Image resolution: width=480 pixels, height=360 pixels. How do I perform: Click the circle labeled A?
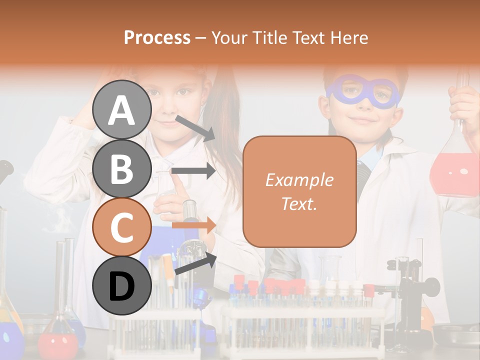pyautogui.click(x=122, y=109)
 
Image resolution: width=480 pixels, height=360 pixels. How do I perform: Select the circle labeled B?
pyautogui.click(x=122, y=168)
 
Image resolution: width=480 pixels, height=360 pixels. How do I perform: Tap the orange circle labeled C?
pyautogui.click(x=122, y=227)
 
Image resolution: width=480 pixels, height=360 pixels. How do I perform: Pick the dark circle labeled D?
pyautogui.click(x=122, y=285)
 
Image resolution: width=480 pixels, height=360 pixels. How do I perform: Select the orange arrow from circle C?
pyautogui.click(x=193, y=225)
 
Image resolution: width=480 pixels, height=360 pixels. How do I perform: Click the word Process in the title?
pyautogui.click(x=157, y=37)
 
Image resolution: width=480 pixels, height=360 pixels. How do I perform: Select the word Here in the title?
pyautogui.click(x=348, y=37)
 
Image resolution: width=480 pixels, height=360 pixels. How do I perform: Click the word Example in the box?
pyautogui.click(x=299, y=180)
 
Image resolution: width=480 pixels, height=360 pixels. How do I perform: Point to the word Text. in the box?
pyautogui.click(x=299, y=203)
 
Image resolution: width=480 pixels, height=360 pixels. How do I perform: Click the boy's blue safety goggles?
pyautogui.click(x=363, y=93)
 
